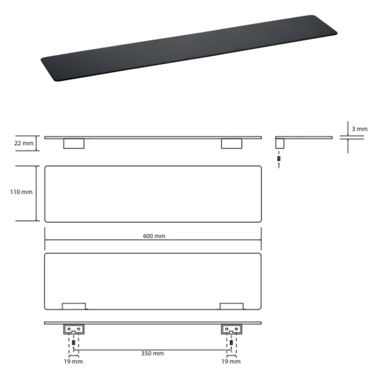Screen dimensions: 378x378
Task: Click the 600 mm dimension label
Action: (154, 236)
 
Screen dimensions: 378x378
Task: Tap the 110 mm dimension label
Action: (21, 192)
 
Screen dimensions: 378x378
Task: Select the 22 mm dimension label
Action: (23, 143)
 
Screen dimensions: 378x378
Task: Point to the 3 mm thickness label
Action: (360, 129)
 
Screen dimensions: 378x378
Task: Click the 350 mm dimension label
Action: (152, 353)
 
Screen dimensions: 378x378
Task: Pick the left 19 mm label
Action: (73, 362)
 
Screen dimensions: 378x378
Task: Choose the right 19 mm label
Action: (231, 362)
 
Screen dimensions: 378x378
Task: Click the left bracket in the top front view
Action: (74, 144)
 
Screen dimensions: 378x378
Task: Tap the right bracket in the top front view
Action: (231, 144)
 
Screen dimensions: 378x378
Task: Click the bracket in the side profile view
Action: (279, 144)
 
